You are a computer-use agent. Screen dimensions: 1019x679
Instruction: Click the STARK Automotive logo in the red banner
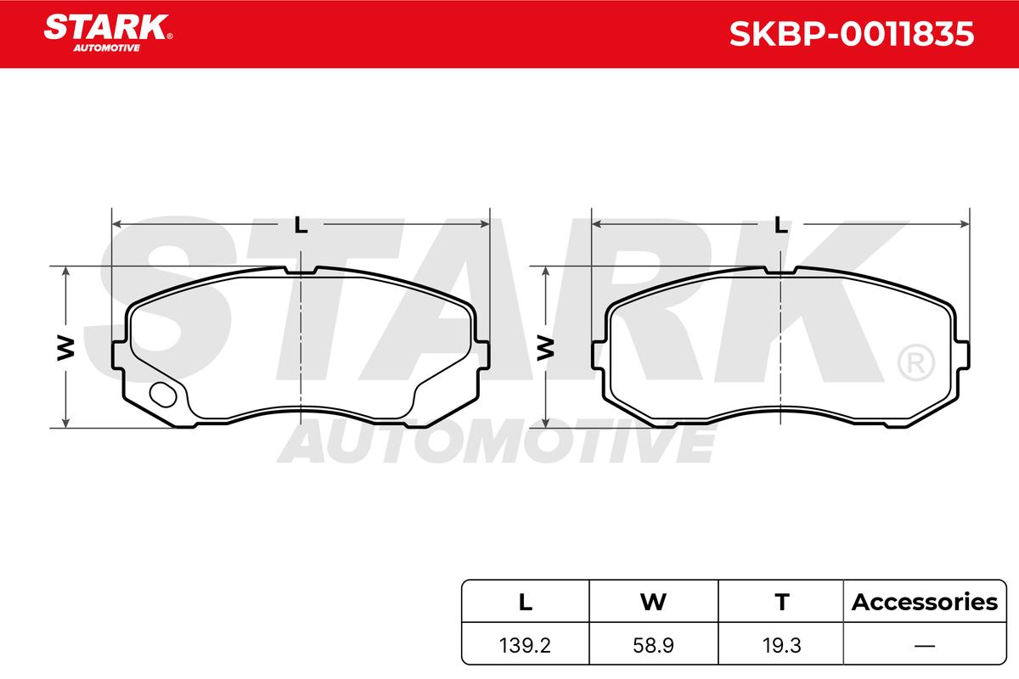pyautogui.click(x=107, y=33)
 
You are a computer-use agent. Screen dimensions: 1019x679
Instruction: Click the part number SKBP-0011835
pyautogui.click(x=852, y=34)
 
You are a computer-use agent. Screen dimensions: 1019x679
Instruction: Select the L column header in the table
pyautogui.click(x=526, y=602)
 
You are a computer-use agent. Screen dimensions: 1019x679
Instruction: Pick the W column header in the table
pyautogui.click(x=653, y=602)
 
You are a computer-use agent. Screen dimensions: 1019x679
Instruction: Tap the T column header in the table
pyautogui.click(x=782, y=602)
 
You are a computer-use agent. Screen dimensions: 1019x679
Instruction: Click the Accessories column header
pyautogui.click(x=925, y=602)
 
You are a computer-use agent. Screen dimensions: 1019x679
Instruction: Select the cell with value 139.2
pyautogui.click(x=525, y=645)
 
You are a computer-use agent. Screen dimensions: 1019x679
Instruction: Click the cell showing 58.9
pyautogui.click(x=653, y=645)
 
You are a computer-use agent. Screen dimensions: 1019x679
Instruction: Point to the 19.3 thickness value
pyautogui.click(x=781, y=645)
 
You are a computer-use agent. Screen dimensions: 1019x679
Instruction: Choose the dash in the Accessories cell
pyautogui.click(x=925, y=646)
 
